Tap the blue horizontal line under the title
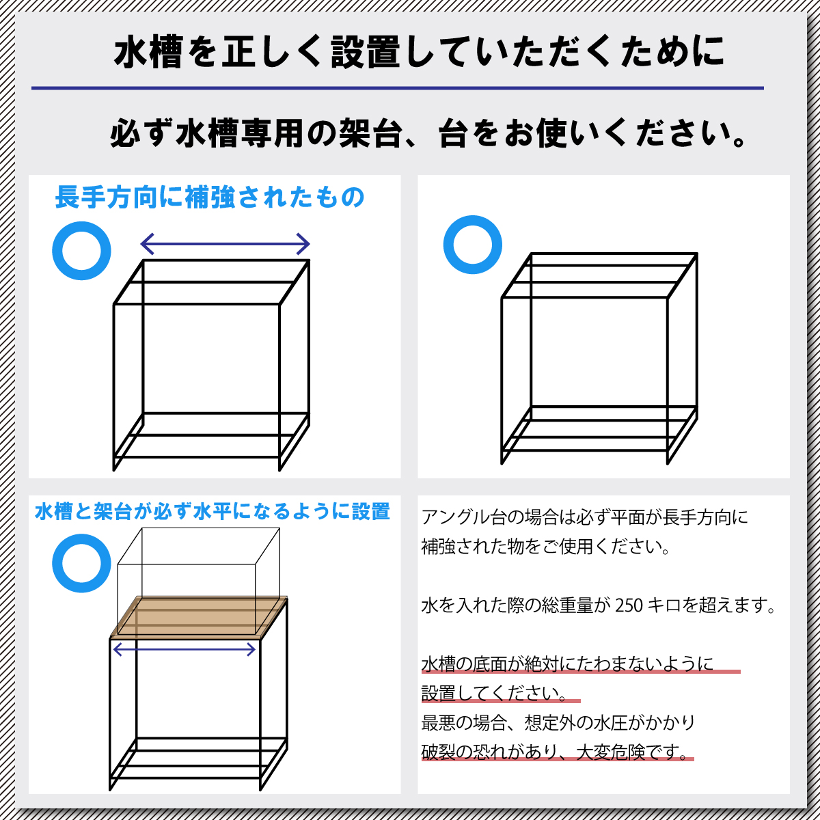click(396, 88)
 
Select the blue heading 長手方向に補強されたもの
click(209, 197)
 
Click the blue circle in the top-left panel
click(81, 251)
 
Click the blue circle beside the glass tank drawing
click(81, 564)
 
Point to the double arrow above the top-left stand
click(225, 243)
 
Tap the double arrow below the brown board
click(184, 650)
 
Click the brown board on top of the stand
click(198, 617)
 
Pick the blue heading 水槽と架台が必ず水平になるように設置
click(212, 511)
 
